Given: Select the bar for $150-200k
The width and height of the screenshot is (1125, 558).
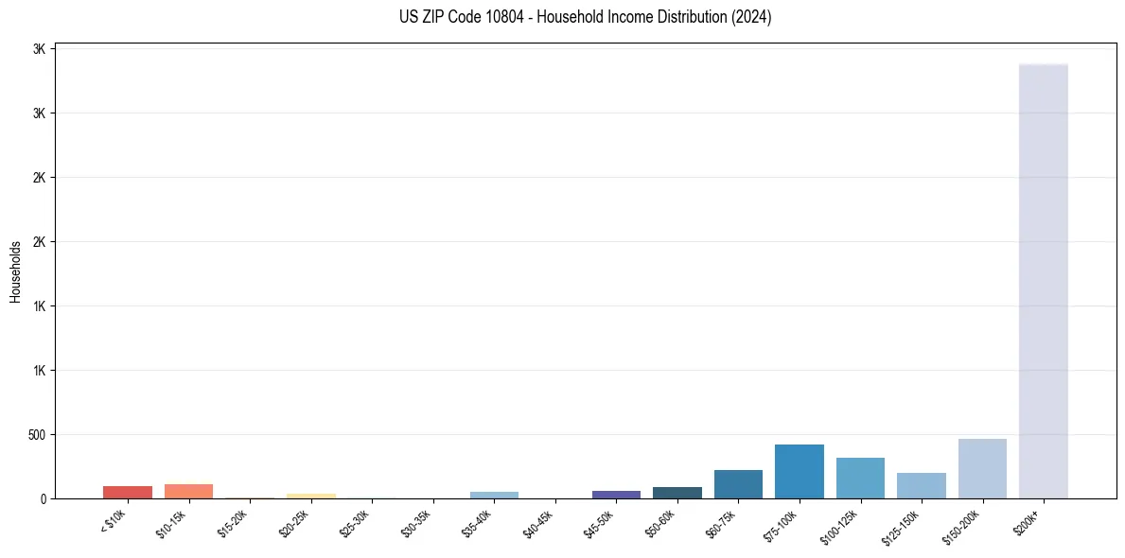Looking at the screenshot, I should coord(982,469).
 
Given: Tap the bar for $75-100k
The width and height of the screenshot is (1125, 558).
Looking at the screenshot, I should coord(800,472).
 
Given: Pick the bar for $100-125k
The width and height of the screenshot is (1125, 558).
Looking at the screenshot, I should coord(860,479).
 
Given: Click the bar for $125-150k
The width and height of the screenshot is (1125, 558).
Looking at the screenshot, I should coord(922,486).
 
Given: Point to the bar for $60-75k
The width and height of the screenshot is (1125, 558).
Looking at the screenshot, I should coord(738,484).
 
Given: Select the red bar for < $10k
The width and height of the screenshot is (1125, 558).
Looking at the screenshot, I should coord(128,493).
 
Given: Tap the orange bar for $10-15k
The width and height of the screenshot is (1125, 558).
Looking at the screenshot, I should coord(188,492).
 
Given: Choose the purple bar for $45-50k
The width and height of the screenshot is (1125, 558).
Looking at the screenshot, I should coord(616,495).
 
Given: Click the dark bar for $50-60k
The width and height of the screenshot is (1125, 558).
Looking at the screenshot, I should coord(677,493).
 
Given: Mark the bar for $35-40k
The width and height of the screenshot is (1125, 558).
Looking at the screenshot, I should coord(494,495).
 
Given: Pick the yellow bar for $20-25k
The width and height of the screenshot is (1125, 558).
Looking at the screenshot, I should coord(311,496).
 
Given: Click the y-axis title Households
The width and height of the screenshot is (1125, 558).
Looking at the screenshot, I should coord(15,271).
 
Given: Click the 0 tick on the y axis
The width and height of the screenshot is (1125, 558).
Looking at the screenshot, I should coord(44,499).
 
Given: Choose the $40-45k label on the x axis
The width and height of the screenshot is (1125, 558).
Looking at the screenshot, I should coord(539,524).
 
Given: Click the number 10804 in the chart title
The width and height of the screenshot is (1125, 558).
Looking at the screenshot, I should coord(491,17).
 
